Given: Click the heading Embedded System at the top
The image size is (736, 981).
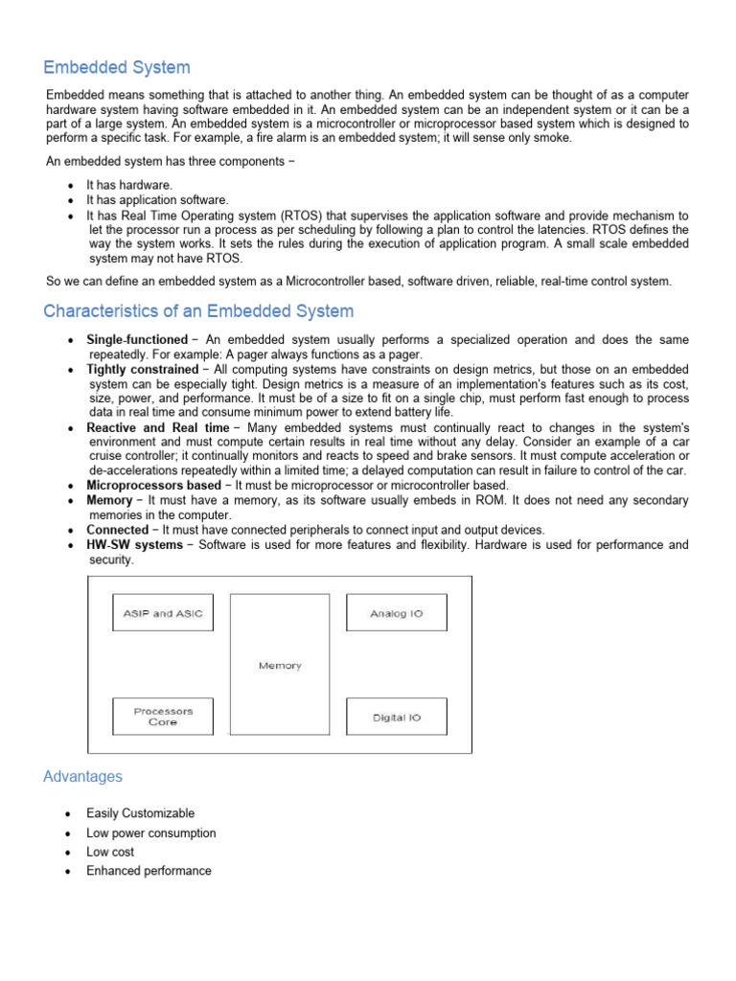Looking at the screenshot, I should pos(117,67).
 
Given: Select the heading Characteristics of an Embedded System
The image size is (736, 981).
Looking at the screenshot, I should pos(198,311).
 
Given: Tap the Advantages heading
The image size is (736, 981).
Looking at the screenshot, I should pos(82,776).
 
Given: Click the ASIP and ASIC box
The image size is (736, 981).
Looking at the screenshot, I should pos(163,613).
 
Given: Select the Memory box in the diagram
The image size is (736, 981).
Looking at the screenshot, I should pos(280,665).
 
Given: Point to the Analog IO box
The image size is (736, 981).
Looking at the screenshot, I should pos(396,613).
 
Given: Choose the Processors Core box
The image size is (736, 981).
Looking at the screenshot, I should pos(163,717).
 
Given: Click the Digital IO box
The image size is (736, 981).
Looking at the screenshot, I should pos(396,717).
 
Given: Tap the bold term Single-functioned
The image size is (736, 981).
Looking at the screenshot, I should pos(137,340).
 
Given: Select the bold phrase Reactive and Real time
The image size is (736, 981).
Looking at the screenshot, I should pos(158,427).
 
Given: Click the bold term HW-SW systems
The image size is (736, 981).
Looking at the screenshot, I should pos(134,545).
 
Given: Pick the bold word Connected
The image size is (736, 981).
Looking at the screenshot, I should pos(117,530).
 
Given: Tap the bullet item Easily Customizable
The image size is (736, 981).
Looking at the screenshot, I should pos(140,813).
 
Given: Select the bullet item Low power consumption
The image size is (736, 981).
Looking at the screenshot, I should pos(151,833).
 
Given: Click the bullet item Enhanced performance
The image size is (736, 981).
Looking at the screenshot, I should pos(149,871).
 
